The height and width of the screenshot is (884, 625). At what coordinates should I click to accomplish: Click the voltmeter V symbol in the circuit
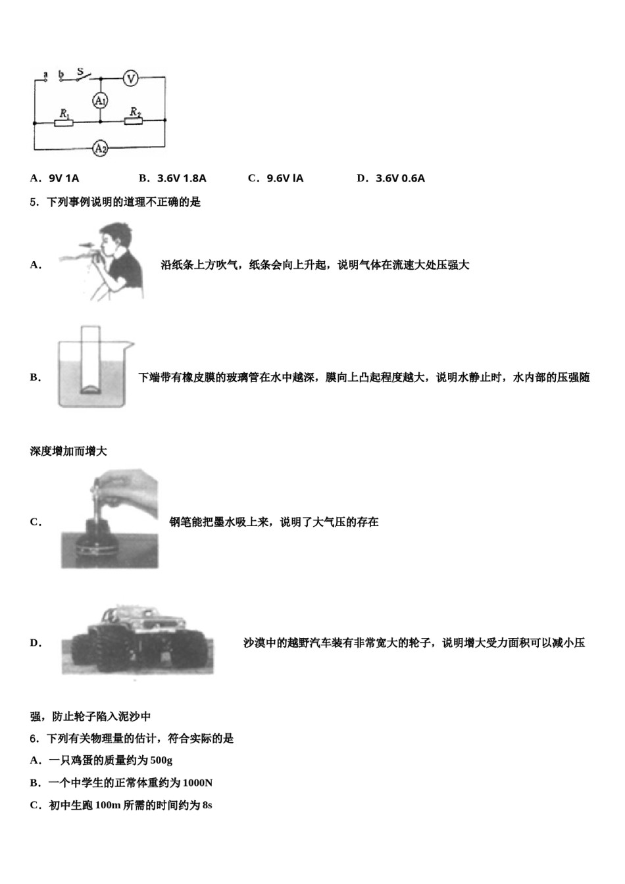(131, 78)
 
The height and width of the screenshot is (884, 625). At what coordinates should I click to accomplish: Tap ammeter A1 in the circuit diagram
(100, 101)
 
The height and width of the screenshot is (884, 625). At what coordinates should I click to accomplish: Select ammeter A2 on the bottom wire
(100, 149)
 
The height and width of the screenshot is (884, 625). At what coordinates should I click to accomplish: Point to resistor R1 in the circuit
(64, 122)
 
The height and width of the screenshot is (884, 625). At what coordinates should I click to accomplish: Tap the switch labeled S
(82, 75)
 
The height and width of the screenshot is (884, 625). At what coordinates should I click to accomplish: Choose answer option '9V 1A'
(64, 178)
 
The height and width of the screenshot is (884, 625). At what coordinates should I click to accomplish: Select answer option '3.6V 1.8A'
(182, 178)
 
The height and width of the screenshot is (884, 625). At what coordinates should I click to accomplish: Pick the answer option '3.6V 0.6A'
(400, 178)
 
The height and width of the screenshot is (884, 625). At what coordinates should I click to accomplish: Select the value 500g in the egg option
(161, 761)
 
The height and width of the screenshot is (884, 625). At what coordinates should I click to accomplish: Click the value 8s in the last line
(207, 805)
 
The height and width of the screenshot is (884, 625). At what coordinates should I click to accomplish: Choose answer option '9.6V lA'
(285, 178)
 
